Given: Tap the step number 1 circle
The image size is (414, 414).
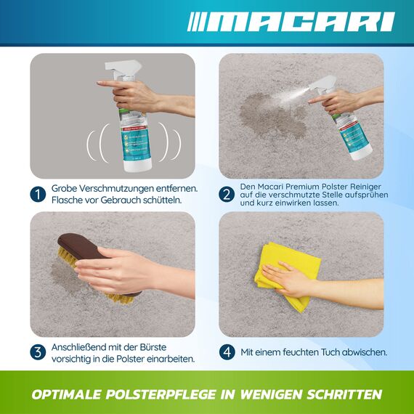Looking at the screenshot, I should (38, 194).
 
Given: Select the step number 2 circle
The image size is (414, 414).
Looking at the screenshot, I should (227, 194).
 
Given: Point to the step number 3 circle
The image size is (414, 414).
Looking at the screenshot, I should (38, 352).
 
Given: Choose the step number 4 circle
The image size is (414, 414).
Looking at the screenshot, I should (227, 352).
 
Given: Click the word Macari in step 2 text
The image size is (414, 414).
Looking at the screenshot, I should (277, 185).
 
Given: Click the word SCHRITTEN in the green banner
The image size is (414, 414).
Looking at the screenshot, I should (338, 395).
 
